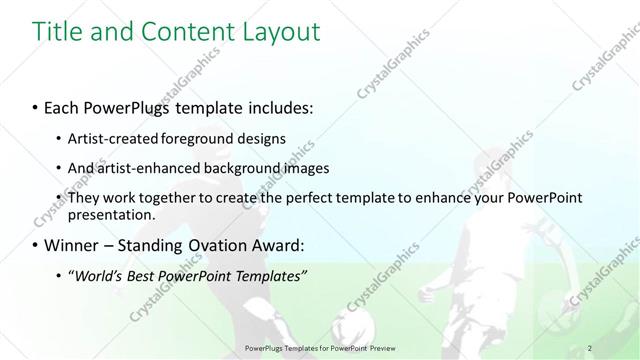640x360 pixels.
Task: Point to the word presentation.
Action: [111, 214]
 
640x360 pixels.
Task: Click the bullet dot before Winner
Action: [35, 245]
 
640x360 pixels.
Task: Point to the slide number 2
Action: [591, 347]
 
